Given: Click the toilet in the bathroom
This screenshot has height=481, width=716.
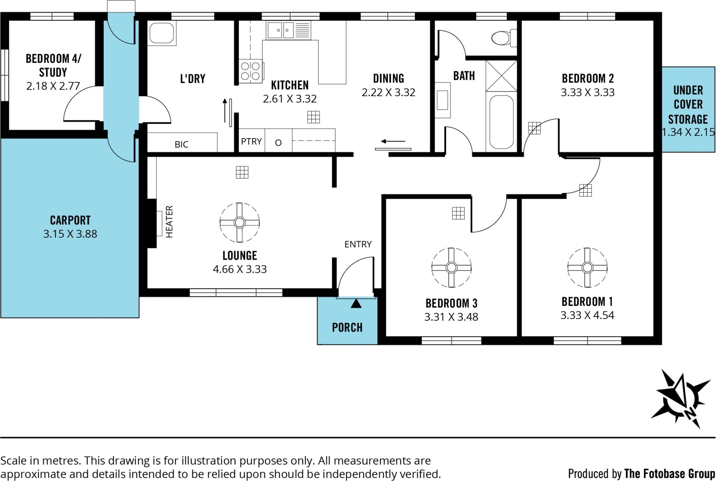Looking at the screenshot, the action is click(504, 38).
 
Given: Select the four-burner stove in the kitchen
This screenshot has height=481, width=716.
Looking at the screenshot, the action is click(250, 71).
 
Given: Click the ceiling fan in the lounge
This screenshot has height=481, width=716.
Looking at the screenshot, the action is click(239, 222).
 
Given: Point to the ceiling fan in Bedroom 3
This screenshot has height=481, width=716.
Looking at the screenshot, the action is click(451, 268).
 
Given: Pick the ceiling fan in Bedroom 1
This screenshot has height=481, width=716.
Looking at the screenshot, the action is click(587, 268).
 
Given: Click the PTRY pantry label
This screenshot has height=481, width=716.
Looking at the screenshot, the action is click(251, 142).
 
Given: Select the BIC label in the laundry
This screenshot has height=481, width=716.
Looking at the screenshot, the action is click(182, 145).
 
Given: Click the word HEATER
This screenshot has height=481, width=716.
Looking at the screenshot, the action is click(169, 222).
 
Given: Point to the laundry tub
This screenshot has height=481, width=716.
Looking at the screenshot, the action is click(162, 33).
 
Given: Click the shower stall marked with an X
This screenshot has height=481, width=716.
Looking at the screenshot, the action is click(502, 76).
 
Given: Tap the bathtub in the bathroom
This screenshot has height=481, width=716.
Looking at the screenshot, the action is click(502, 122).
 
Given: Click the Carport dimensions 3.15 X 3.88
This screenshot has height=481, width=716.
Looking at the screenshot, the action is click(70, 234).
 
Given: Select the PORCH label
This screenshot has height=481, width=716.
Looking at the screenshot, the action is click(347, 327).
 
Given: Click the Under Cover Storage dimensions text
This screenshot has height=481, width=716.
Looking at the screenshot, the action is click(688, 132).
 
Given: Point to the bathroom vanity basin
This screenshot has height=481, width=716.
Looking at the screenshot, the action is click(443, 100).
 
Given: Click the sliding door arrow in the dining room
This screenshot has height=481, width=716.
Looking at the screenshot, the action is click(393, 142).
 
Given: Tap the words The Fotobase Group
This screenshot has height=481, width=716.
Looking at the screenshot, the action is click(670, 474).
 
